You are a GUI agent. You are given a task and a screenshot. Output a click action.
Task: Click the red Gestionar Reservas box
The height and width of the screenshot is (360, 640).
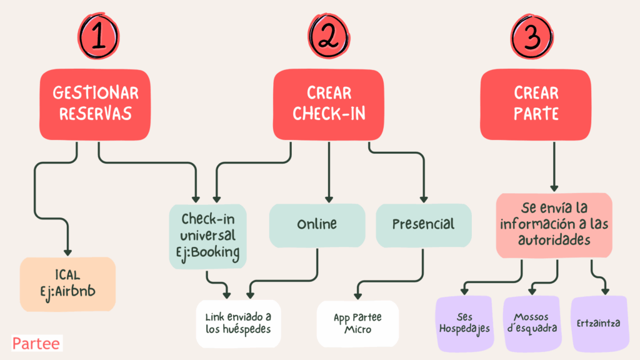click(x=96, y=104)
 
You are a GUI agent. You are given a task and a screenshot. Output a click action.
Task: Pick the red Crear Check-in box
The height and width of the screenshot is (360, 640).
click(x=328, y=104)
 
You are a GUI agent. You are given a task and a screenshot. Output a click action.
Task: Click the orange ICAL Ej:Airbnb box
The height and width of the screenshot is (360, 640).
click(x=67, y=284)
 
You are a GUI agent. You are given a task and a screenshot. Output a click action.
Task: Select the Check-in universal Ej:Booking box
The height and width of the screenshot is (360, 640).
click(x=208, y=236)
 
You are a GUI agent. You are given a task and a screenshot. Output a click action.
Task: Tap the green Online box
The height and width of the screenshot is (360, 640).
click(x=317, y=224)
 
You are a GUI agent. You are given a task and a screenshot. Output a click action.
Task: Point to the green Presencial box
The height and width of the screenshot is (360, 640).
click(x=423, y=224)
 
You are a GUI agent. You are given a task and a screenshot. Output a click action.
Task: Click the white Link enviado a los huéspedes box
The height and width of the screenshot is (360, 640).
click(x=237, y=323)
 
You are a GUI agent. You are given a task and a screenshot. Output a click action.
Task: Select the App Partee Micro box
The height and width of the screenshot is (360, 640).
click(x=357, y=323)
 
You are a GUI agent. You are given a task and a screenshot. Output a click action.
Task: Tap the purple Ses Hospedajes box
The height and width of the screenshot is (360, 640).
click(x=466, y=323)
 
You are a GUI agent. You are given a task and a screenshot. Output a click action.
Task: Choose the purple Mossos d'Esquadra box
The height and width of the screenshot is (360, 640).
click(x=532, y=323)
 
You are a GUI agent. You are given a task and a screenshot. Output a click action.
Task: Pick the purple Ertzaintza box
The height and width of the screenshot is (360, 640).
click(x=599, y=323)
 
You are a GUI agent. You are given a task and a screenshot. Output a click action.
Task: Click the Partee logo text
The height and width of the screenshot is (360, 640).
click(x=36, y=344)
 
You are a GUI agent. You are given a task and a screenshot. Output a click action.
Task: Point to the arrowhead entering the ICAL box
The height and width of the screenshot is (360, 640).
click(x=67, y=251)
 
